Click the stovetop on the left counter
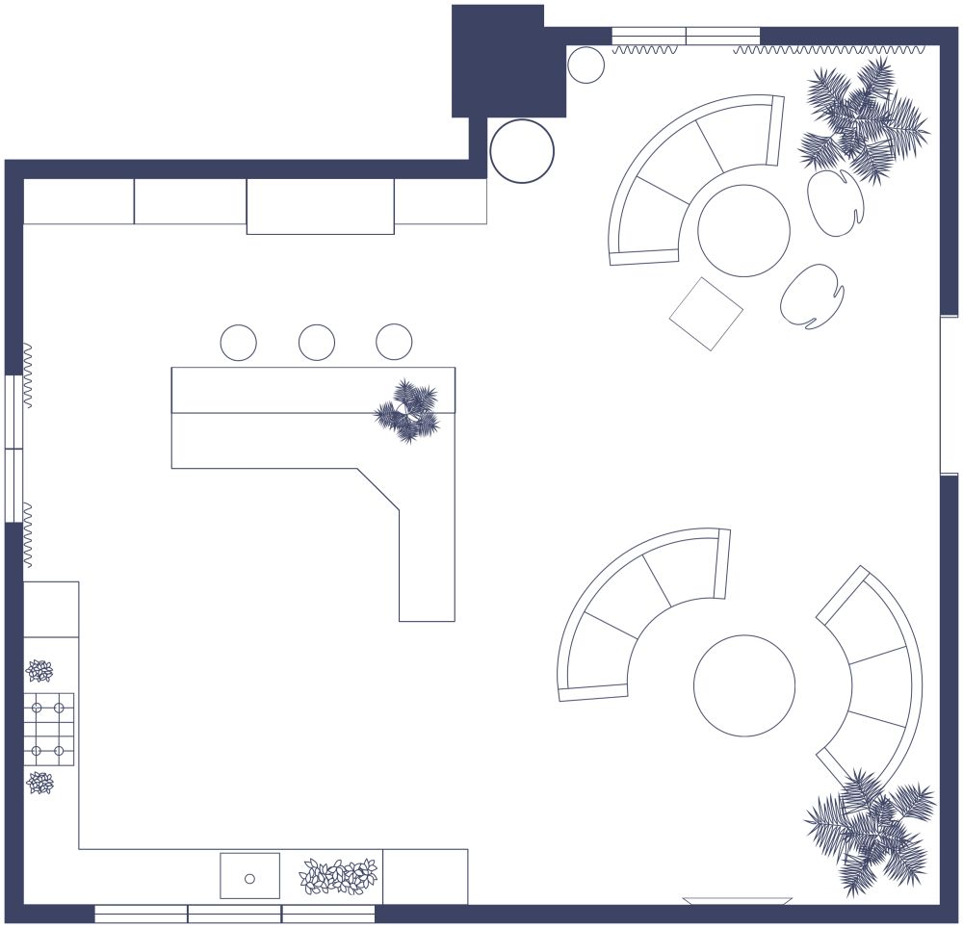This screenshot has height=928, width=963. coord(48,729)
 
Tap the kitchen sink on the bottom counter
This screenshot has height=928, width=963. coord(249,877)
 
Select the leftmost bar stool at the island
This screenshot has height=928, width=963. coord(238,342)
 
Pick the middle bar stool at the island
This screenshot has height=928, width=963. coord(316,342)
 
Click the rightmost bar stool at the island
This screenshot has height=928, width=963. coord(394,342)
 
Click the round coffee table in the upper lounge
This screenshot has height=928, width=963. coord(743,231)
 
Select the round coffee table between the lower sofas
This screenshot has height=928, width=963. coord(744,685)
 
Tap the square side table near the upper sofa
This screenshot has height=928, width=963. coord(706,314)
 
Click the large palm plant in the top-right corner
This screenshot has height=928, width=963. coord(862,120)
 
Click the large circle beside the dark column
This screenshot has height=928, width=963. coord(522,151)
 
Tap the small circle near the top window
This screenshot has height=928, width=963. coord(586,65)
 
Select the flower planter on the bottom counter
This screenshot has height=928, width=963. coord(338,877)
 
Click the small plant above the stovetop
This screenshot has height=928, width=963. coord(39,671)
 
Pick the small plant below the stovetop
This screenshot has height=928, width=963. coord(39,783)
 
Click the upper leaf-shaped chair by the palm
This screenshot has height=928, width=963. coord(835,201)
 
